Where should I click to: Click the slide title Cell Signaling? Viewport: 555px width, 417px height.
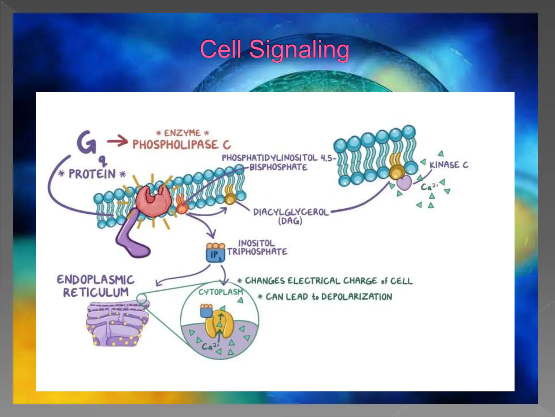pyautogui.click(x=275, y=49)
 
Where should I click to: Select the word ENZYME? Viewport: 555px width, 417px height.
pyautogui.click(x=182, y=133)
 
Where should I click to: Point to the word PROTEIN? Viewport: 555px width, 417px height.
pyautogui.click(x=92, y=174)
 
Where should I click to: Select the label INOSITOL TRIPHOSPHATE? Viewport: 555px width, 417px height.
pyautogui.click(x=257, y=248)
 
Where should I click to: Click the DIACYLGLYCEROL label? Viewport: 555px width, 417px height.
pyautogui.click(x=291, y=212)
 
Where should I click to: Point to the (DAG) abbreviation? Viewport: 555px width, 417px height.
pyautogui.click(x=290, y=221)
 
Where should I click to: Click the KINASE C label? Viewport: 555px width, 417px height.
pyautogui.click(x=449, y=165)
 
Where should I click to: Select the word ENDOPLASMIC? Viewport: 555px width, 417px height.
pyautogui.click(x=96, y=280)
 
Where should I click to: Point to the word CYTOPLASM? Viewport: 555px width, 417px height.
pyautogui.click(x=221, y=292)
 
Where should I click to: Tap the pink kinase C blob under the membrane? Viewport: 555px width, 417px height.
pyautogui.click(x=404, y=183)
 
